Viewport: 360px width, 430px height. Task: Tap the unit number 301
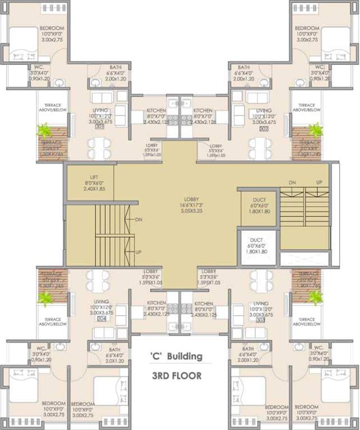(101, 127)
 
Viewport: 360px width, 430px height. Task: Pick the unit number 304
(101, 319)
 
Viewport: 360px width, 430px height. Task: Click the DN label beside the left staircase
(139, 220)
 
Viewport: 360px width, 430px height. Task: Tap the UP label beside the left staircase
(138, 253)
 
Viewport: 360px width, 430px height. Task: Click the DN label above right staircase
(292, 183)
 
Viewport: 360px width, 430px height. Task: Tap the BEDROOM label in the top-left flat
(52, 29)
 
